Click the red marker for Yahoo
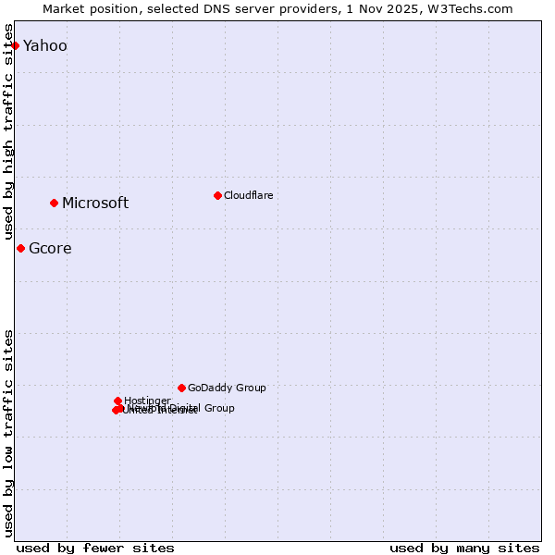pyautogui.click(x=15, y=45)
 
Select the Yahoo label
pyautogui.click(x=44, y=46)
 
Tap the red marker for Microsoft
pyautogui.click(x=54, y=203)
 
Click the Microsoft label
pyautogui.click(x=95, y=203)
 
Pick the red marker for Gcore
pyautogui.click(x=20, y=248)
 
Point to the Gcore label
pyautogui.click(x=50, y=249)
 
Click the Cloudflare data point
pyautogui.click(x=217, y=195)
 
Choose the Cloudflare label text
pyautogui.click(x=248, y=196)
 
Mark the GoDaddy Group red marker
pyautogui.click(x=181, y=388)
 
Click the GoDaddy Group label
pyautogui.click(x=227, y=388)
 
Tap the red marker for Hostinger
pyautogui.click(x=117, y=401)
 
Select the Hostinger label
pyautogui.click(x=147, y=401)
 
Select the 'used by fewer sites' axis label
pyautogui.click(x=95, y=548)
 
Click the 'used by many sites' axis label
pyautogui.click(x=464, y=548)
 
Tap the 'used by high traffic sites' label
pyautogui.click(x=9, y=131)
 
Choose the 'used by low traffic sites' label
pyautogui.click(x=9, y=433)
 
